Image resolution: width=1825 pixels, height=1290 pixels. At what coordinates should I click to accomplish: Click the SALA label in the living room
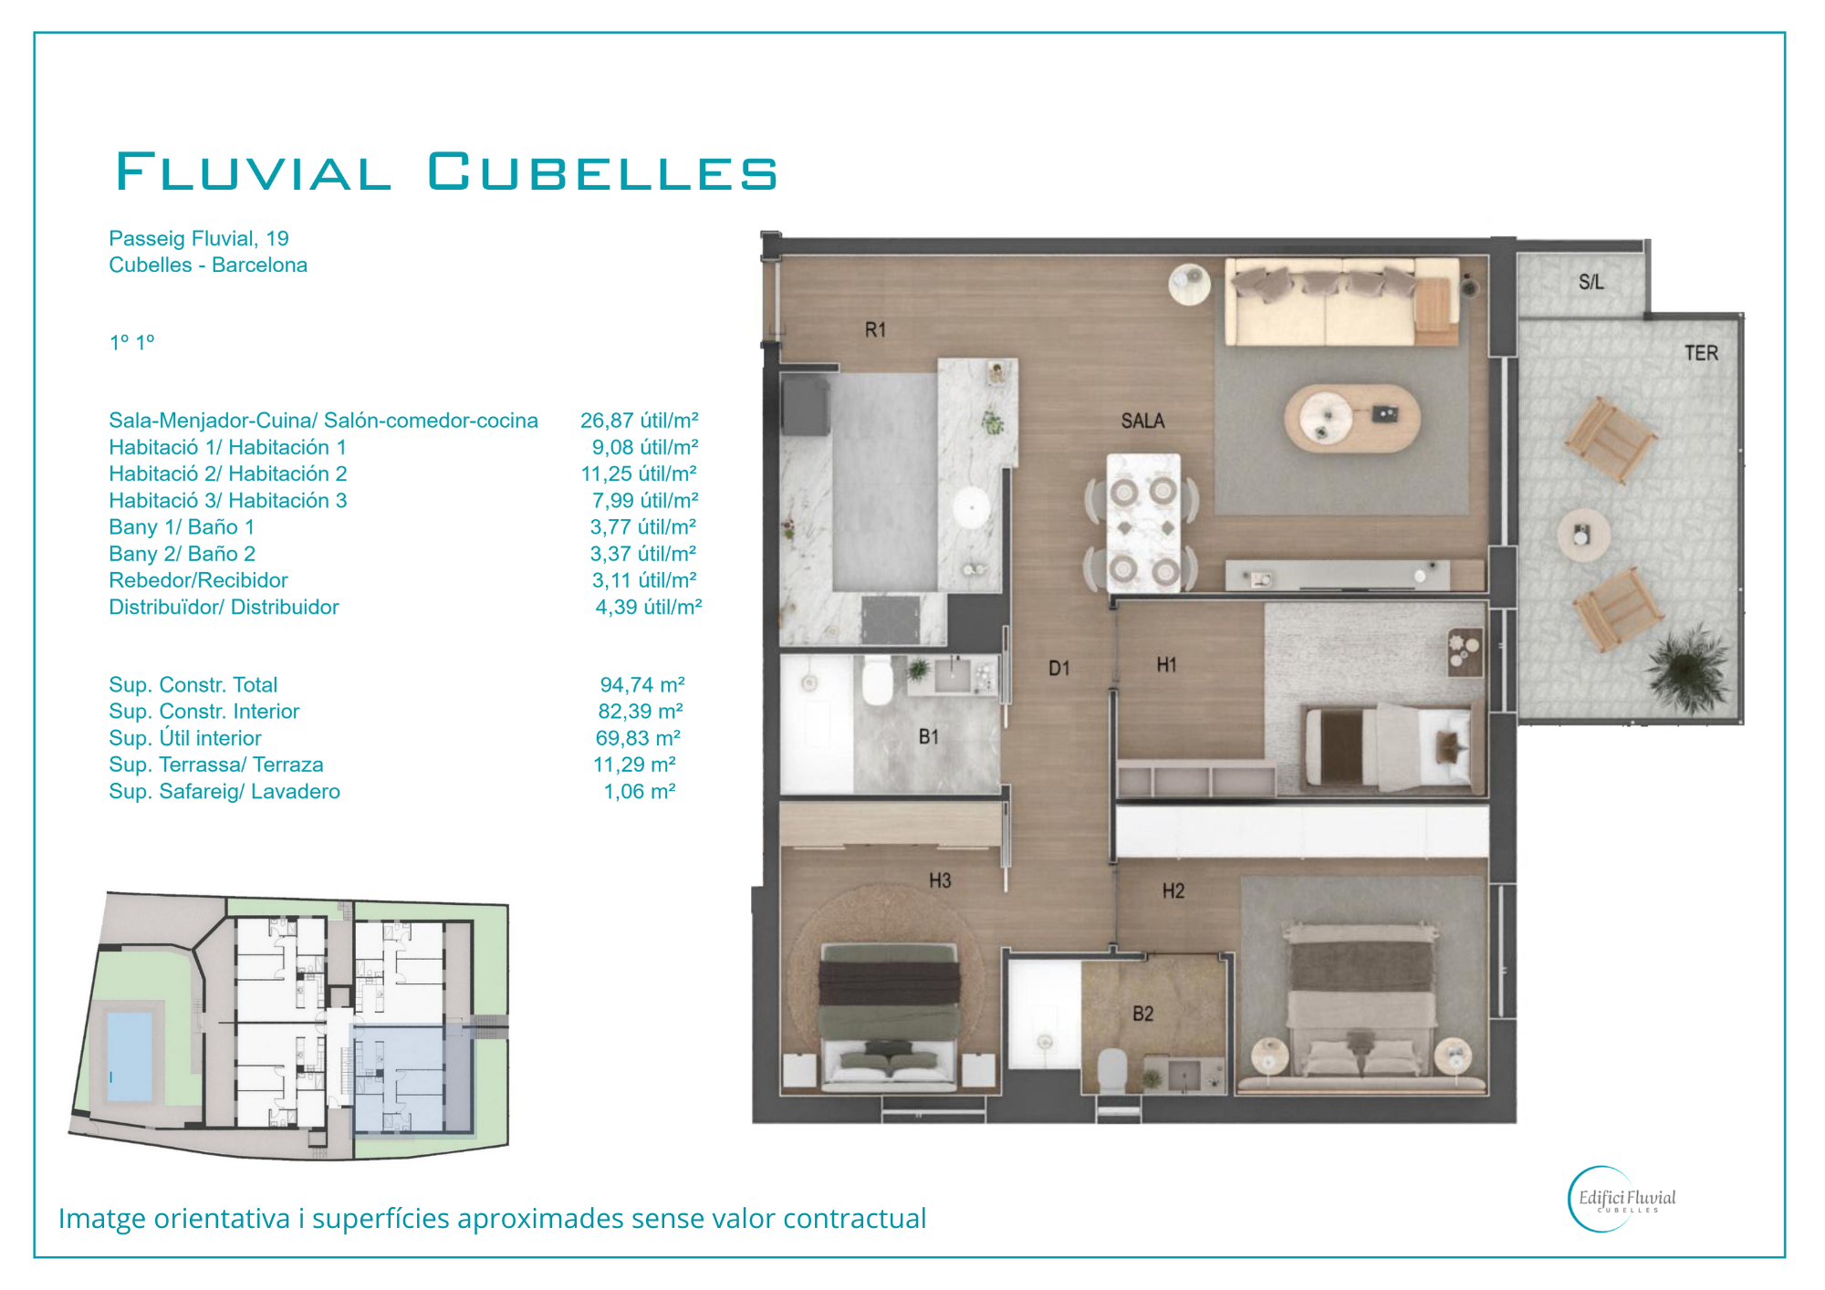pos(1142,421)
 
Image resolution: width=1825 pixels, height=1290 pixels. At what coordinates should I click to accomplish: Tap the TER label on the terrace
pos(1701,353)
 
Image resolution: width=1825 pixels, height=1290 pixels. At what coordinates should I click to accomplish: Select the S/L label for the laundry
pos(1590,282)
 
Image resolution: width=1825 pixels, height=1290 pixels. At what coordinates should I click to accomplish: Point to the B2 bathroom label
pos(1142,1014)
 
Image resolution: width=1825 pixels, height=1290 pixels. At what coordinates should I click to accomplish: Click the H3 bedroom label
pos(940,880)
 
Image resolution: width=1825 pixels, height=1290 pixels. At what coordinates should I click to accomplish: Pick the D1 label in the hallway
pos(1058,669)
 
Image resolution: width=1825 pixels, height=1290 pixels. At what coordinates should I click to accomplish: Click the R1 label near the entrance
pos(875,330)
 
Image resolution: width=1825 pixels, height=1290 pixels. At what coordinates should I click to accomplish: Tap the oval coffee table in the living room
pos(1352,419)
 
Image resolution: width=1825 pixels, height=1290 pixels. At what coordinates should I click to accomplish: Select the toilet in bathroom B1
pos(877,681)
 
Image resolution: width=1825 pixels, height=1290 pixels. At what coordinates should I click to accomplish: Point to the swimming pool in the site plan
pos(129,1055)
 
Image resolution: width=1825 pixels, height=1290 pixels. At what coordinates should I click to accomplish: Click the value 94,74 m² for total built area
pos(641,685)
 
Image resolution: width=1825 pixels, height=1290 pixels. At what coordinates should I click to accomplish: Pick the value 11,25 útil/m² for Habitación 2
pos(639,473)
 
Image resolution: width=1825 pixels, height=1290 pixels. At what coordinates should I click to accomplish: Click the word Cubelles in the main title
pos(603,172)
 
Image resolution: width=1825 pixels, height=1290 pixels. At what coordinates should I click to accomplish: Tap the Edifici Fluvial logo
pos(1622,1199)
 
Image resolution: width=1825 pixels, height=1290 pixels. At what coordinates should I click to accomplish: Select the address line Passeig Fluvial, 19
pos(199,239)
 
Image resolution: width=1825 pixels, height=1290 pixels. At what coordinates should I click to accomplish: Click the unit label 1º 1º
pos(132,343)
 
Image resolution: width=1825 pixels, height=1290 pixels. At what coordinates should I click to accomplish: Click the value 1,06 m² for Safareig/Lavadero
pos(639,792)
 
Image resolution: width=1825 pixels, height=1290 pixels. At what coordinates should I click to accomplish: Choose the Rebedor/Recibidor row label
pos(198,580)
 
